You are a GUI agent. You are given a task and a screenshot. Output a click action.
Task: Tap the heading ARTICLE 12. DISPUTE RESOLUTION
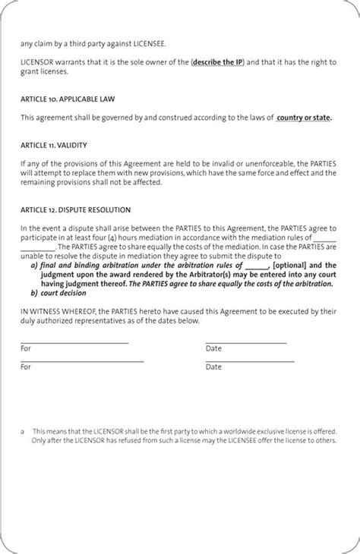pyautogui.click(x=75, y=209)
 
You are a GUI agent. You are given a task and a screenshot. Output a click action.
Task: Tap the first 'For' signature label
pyautogui.click(x=26, y=348)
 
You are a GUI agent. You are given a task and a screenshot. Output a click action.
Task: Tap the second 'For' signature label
pyautogui.click(x=26, y=367)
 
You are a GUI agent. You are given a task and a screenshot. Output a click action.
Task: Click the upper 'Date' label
pyautogui.click(x=213, y=348)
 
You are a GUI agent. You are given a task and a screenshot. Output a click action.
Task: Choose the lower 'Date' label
pyautogui.click(x=213, y=367)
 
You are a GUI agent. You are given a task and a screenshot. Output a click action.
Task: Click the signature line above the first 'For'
pyautogui.click(x=74, y=343)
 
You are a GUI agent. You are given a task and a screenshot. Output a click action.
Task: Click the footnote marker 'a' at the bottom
pyautogui.click(x=23, y=431)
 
